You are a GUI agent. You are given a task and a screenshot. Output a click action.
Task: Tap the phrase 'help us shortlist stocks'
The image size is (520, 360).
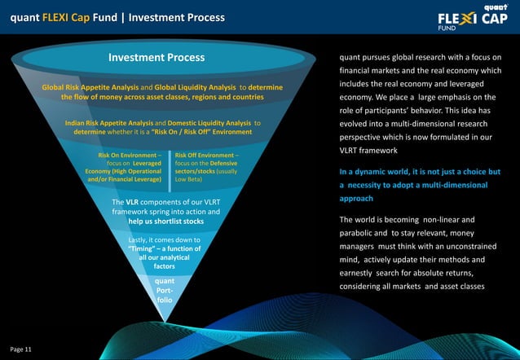click(165, 222)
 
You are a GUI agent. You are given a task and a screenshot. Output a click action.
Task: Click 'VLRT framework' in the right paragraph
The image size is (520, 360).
click(372, 151)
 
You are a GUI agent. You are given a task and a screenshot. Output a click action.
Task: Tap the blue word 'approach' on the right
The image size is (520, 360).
click(356, 198)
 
